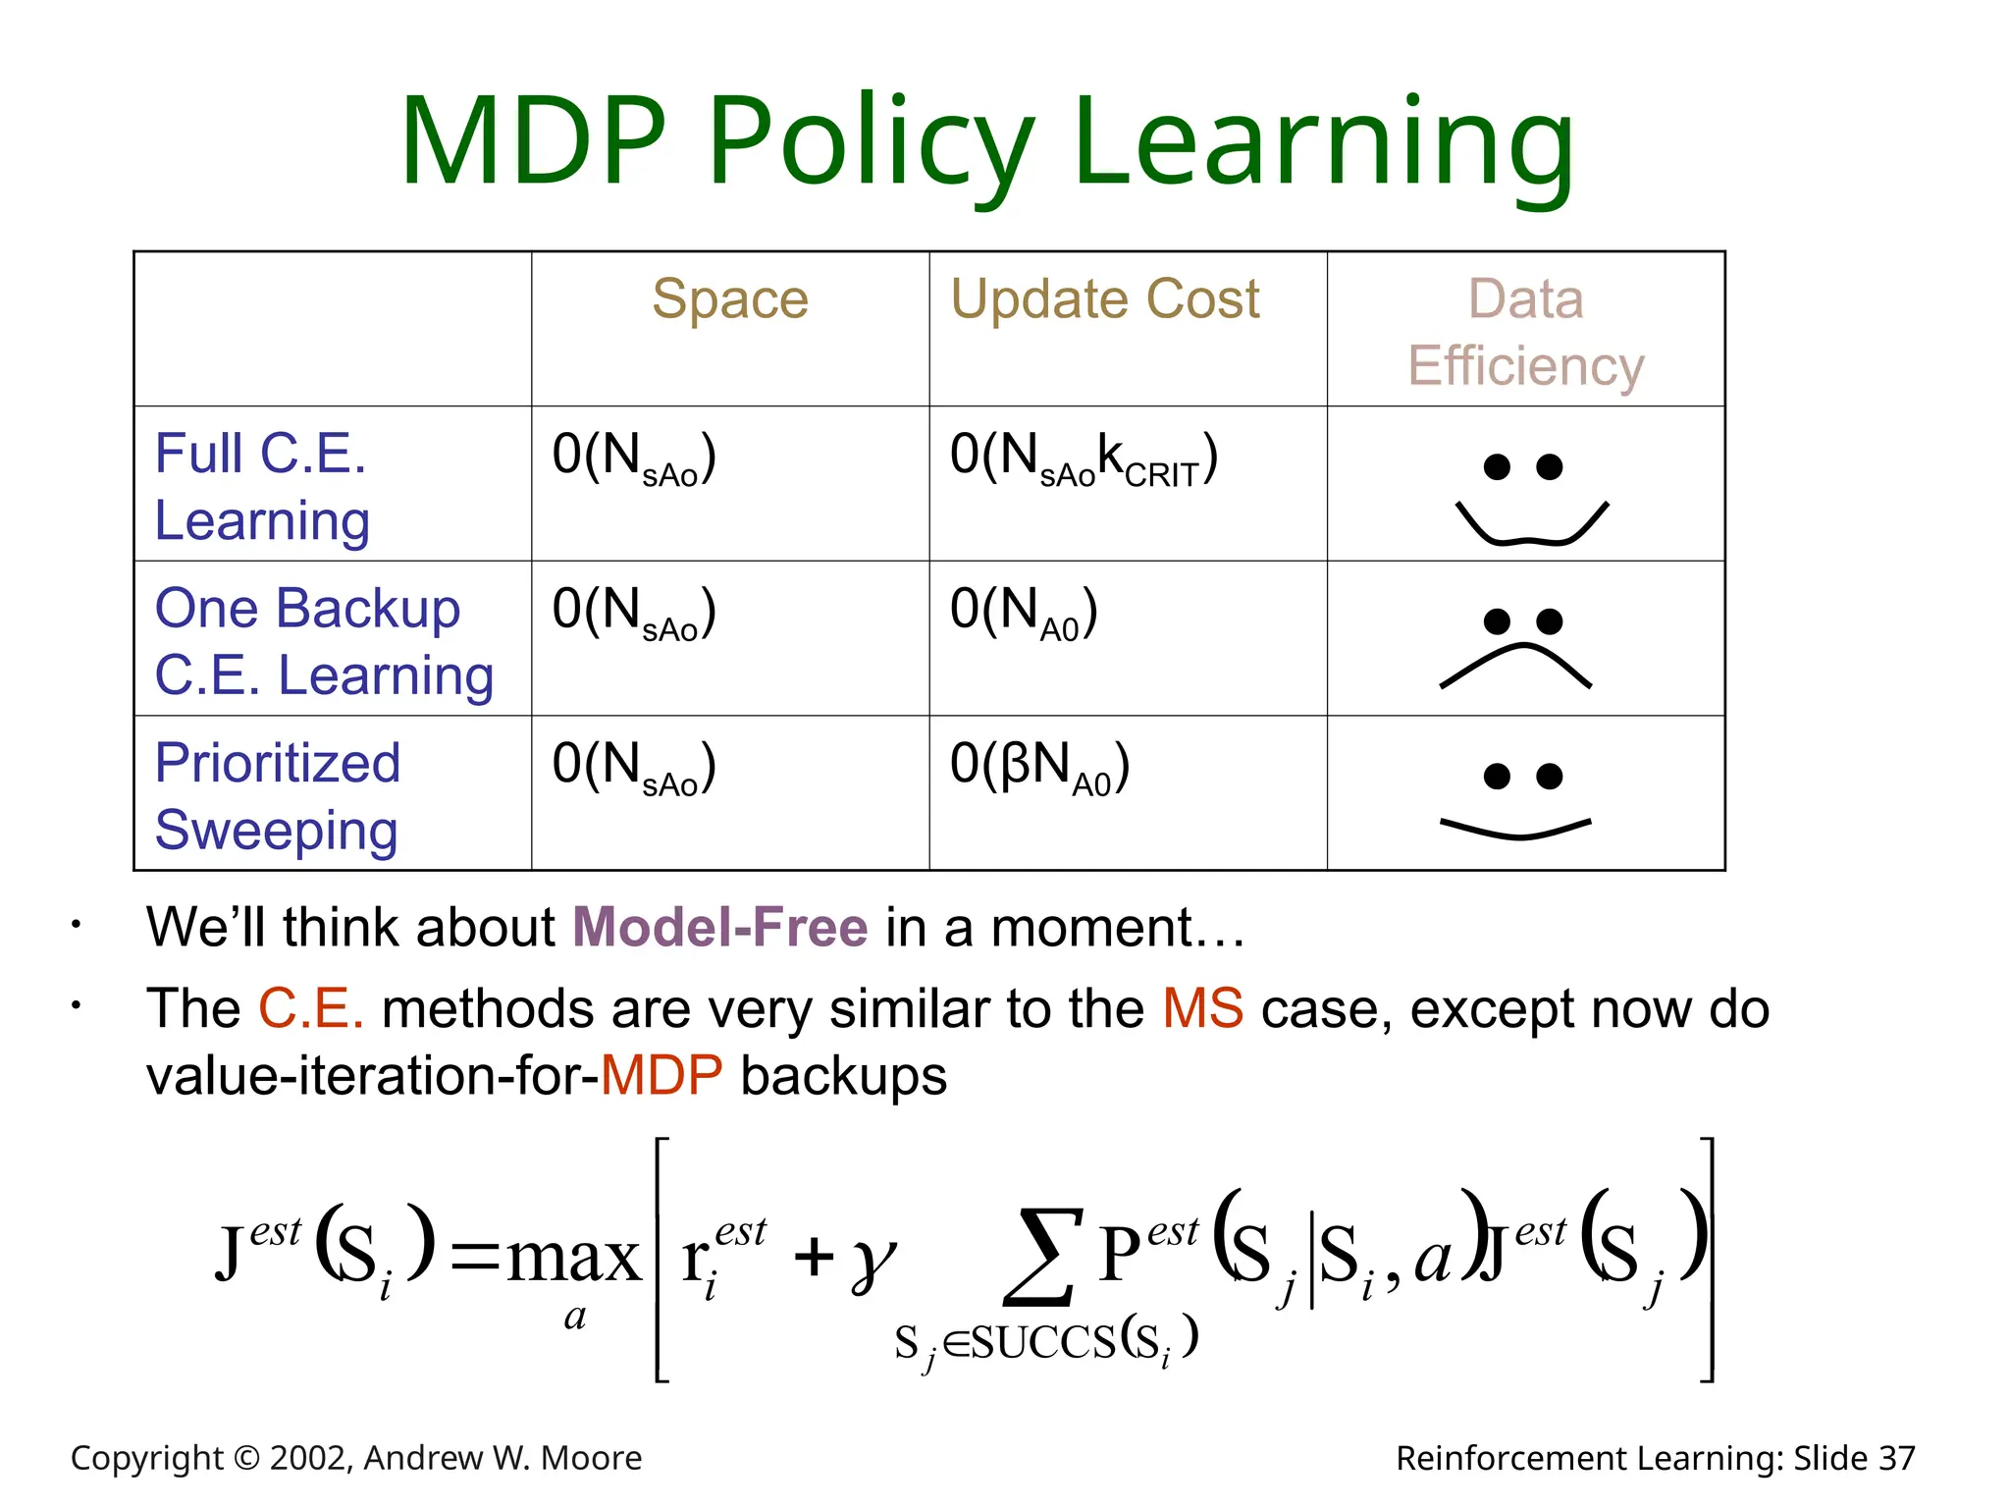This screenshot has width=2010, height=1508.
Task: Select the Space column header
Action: tap(730, 299)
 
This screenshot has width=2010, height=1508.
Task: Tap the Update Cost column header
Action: tap(1104, 299)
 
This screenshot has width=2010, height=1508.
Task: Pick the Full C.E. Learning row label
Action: tap(262, 486)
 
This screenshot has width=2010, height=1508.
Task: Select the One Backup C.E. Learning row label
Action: tap(324, 640)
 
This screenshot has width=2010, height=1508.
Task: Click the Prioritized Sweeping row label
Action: tap(278, 795)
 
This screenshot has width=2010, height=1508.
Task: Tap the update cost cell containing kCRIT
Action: tap(1084, 458)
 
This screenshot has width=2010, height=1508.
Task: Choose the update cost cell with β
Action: tap(1039, 767)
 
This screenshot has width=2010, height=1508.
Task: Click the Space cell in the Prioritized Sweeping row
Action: tap(634, 767)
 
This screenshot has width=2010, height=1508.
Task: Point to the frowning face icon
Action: tap(1517, 649)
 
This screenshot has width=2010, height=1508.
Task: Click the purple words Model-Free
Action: tap(719, 927)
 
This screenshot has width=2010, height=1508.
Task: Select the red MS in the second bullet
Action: tap(1202, 1008)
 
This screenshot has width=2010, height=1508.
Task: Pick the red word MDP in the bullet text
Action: tap(661, 1076)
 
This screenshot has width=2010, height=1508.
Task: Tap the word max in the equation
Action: tap(574, 1258)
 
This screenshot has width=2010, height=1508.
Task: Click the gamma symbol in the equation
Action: tap(873, 1261)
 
